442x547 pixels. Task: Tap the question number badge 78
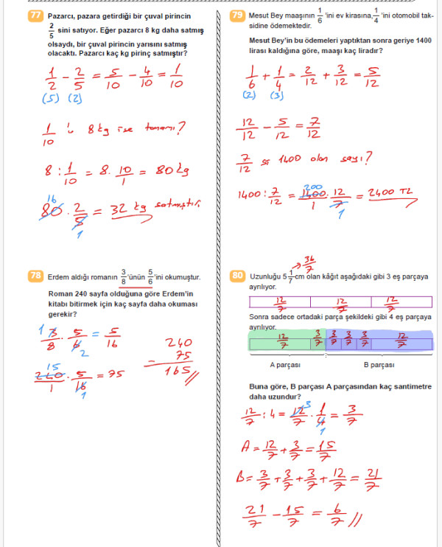pyautogui.click(x=35, y=276)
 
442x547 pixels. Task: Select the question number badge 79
pyautogui.click(x=237, y=15)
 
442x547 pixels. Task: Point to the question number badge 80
pyautogui.click(x=237, y=276)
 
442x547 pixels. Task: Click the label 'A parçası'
pyautogui.click(x=283, y=365)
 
